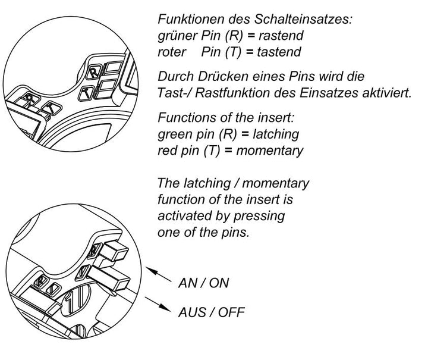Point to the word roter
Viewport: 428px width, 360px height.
(x=172, y=52)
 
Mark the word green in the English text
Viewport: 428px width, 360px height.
(x=175, y=134)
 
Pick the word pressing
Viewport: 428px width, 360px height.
(x=258, y=216)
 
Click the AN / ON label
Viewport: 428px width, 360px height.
(x=203, y=283)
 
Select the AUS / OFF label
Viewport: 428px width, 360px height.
(x=210, y=312)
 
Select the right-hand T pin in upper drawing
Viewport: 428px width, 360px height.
(x=87, y=92)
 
